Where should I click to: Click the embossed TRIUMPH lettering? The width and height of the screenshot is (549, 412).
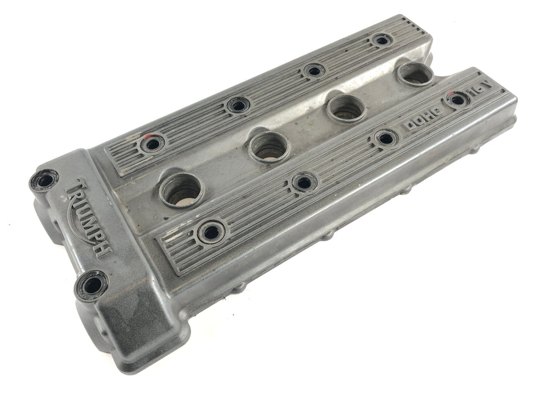pos(89,217)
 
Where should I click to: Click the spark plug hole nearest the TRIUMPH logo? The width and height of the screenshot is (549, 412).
pos(182,190)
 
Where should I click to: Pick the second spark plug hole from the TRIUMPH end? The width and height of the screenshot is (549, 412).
pos(269,146)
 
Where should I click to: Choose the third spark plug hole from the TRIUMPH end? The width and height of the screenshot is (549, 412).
pos(346,108)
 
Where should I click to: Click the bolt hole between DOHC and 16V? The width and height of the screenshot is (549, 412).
pos(457,100)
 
